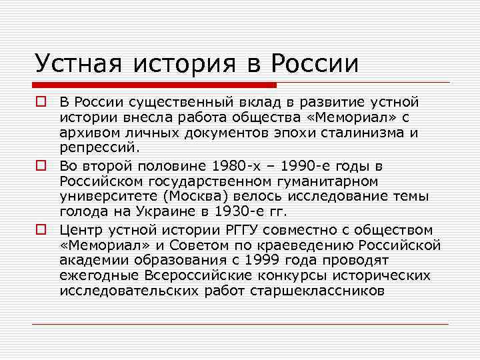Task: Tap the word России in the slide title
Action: [x=314, y=63]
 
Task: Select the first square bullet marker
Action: [x=42, y=102]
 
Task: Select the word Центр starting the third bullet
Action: [x=78, y=230]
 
